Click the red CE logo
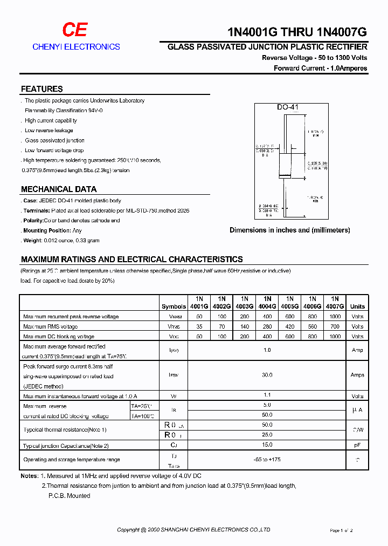click(x=74, y=30)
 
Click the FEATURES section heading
click(x=41, y=89)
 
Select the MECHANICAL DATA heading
click(x=59, y=189)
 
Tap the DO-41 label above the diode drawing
click(x=287, y=107)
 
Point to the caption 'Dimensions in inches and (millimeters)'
click(x=289, y=230)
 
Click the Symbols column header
click(x=174, y=306)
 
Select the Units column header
click(x=357, y=306)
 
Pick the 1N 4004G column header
click(x=267, y=302)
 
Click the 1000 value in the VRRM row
click(x=335, y=317)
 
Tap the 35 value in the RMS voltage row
click(x=199, y=326)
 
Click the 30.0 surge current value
click(x=267, y=375)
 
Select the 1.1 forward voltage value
click(x=267, y=395)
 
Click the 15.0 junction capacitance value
click(x=267, y=445)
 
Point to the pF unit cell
click(x=357, y=446)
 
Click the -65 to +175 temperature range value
click(x=267, y=460)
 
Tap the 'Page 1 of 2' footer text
click(x=341, y=531)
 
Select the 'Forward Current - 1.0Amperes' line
click(x=320, y=69)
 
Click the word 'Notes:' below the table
click(x=29, y=476)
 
